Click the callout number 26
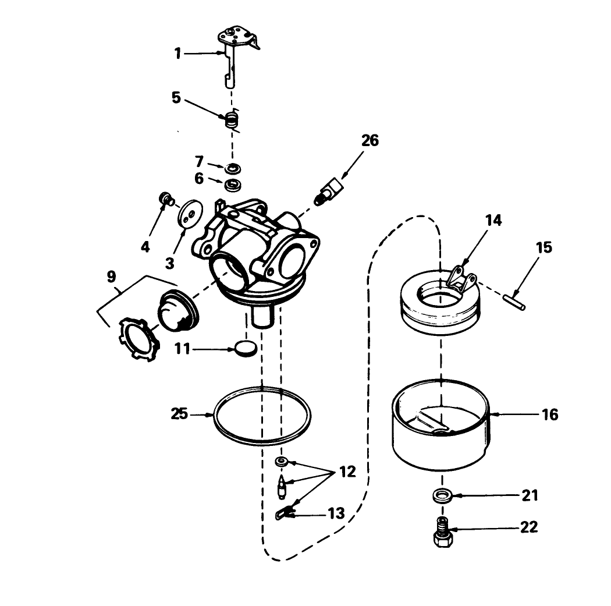coord(370,141)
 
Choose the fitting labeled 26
coord(329,191)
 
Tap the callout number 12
coord(347,472)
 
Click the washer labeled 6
coord(233,185)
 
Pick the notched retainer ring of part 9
coord(137,339)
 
